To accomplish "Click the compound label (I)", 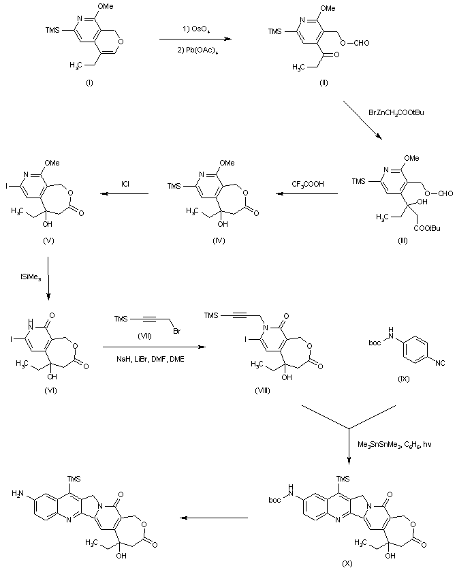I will click(x=89, y=82).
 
